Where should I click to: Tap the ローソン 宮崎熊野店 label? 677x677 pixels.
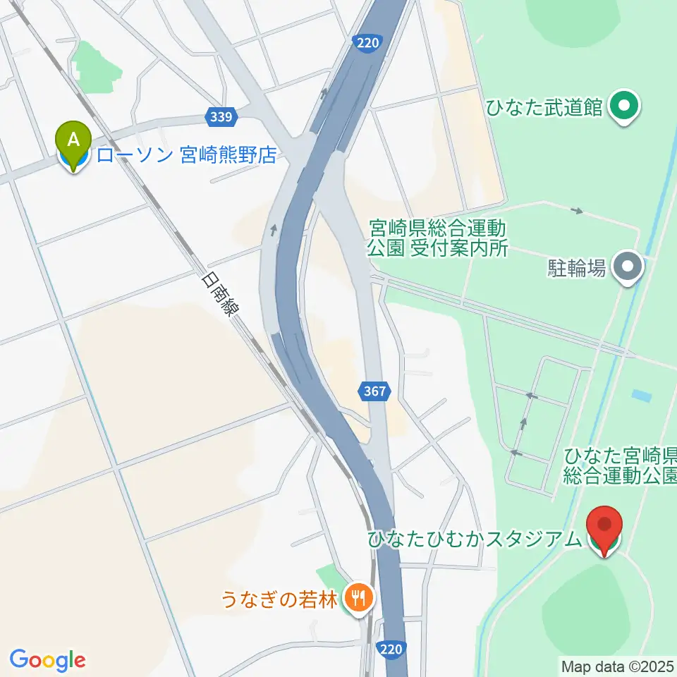[x=186, y=156]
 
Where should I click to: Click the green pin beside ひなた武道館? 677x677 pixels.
[x=623, y=107]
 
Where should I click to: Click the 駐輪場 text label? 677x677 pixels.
[x=576, y=268]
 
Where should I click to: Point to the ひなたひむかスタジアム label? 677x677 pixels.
[x=473, y=539]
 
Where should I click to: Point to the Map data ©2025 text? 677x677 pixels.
[x=617, y=666]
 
